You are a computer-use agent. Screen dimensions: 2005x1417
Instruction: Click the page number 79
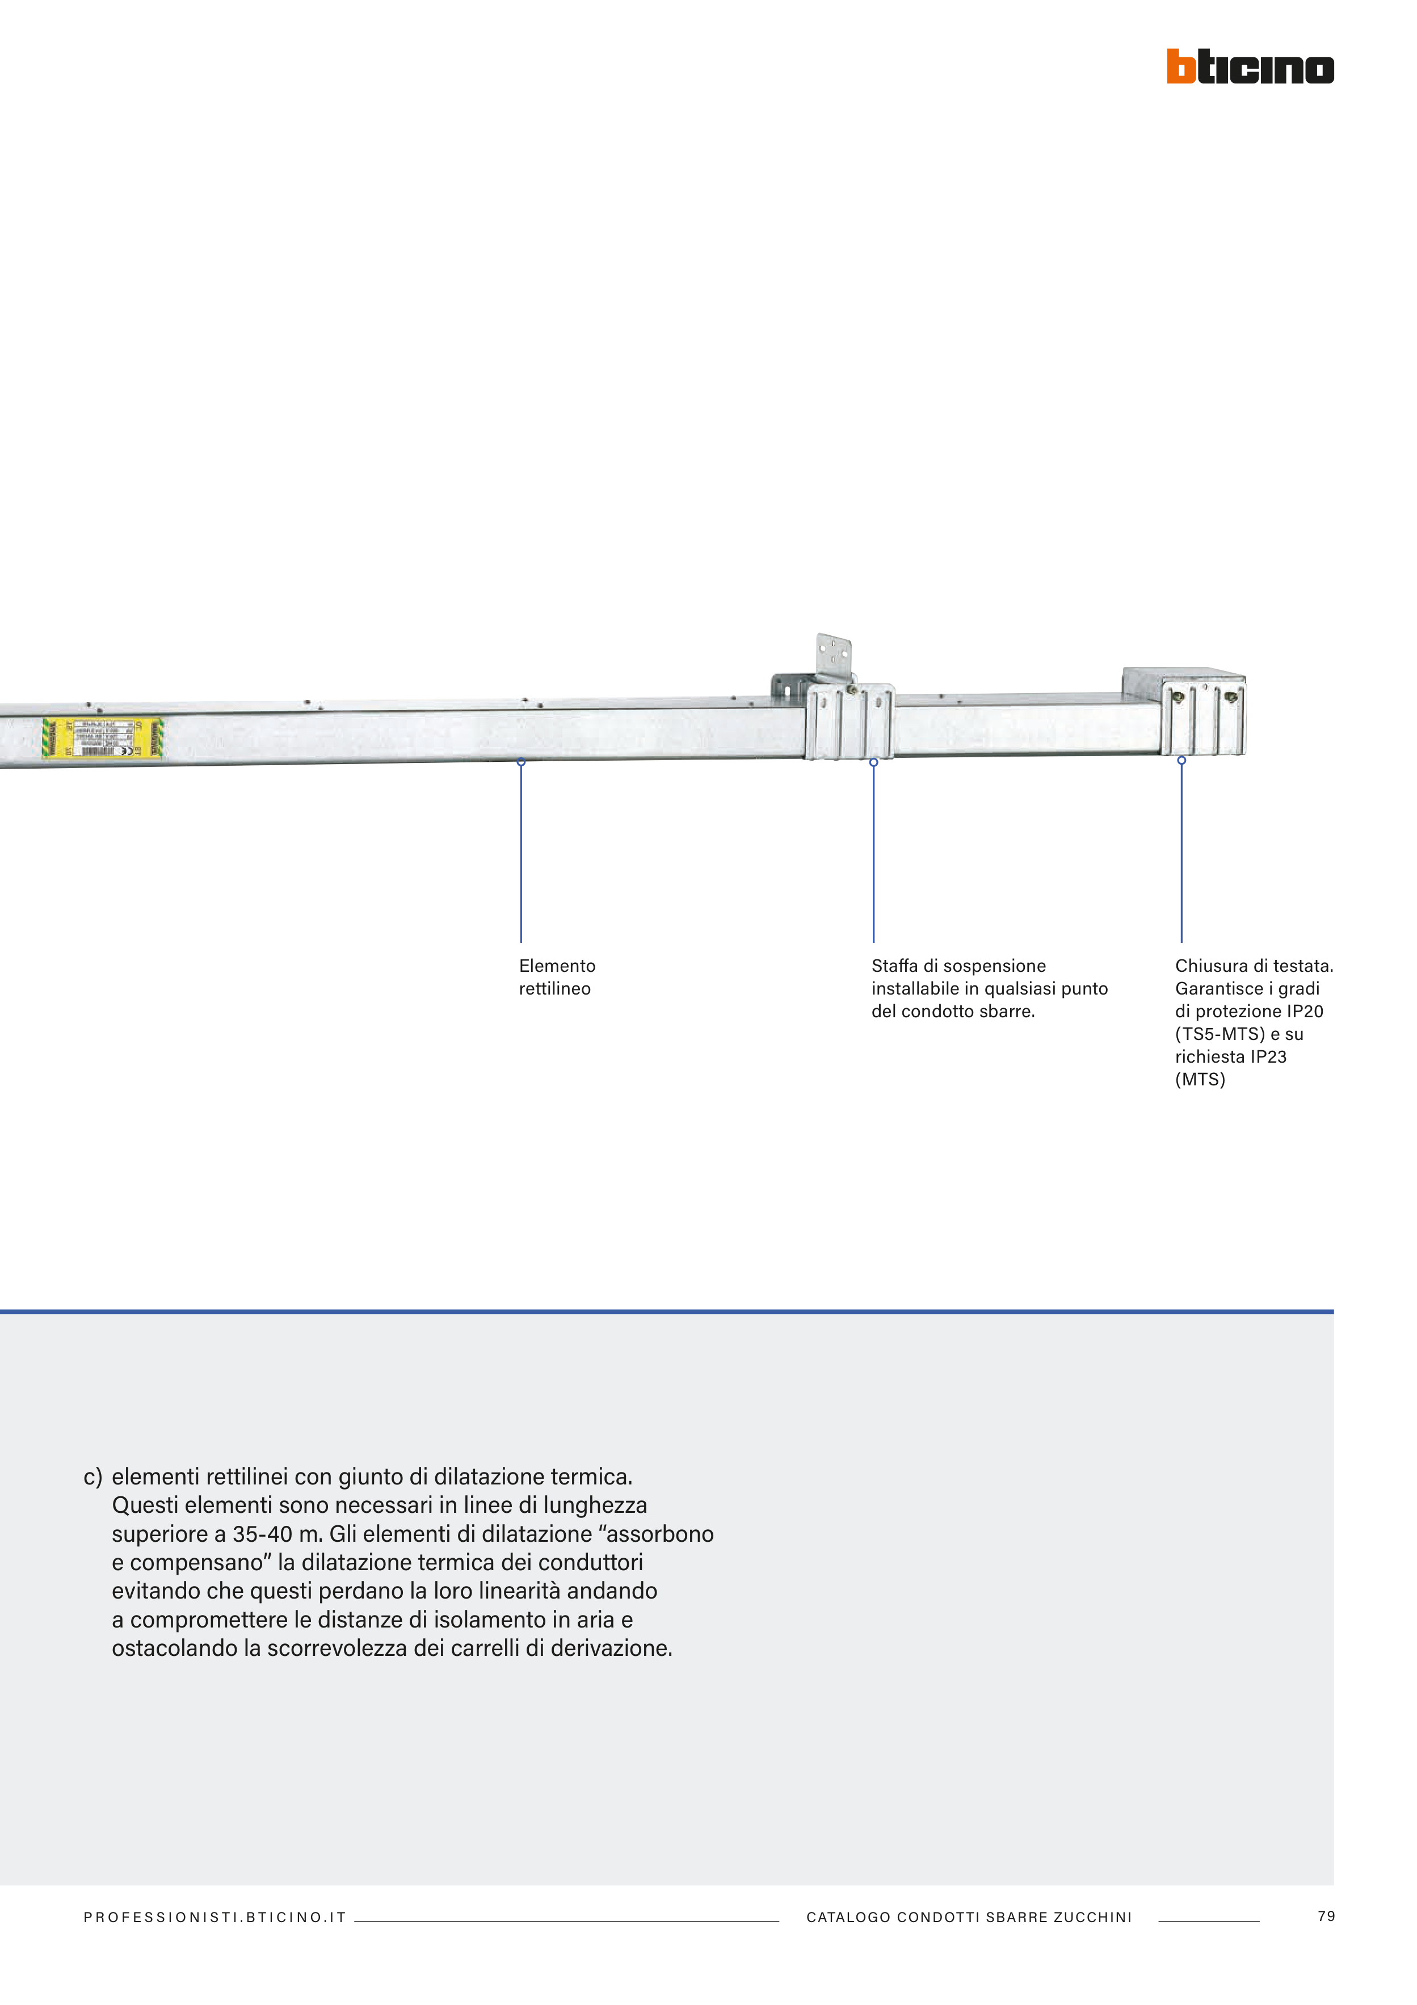click(x=1325, y=1916)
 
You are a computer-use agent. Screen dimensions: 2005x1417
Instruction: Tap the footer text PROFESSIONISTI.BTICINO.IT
click(x=215, y=1918)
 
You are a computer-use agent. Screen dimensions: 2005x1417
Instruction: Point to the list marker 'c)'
click(x=92, y=1477)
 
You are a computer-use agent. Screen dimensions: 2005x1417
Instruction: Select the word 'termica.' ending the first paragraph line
click(x=591, y=1477)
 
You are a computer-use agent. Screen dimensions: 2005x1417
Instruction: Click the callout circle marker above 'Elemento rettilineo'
click(x=521, y=762)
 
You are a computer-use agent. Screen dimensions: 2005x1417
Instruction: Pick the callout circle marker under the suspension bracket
click(x=873, y=762)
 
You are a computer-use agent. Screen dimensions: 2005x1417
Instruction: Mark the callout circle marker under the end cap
click(x=1181, y=761)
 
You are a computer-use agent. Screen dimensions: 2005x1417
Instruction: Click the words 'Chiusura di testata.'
click(x=1254, y=966)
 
